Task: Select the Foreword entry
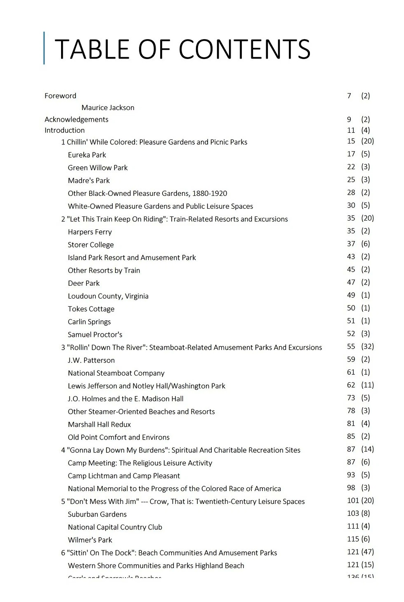point(60,96)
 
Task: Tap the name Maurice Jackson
point(108,108)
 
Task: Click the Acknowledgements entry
point(76,120)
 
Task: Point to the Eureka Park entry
point(87,155)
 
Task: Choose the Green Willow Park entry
point(97,168)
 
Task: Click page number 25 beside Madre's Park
point(351,180)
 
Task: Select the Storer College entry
point(90,245)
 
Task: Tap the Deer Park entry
point(83,283)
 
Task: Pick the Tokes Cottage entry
point(91,309)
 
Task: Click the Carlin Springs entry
point(89,322)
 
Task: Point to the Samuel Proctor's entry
point(95,334)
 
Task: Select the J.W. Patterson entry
point(91,360)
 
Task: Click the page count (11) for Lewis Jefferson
point(367,385)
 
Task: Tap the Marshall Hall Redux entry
point(99,424)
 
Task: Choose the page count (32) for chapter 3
point(367,347)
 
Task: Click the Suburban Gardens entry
point(97,514)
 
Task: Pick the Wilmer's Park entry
point(90,540)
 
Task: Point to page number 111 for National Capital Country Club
point(353,526)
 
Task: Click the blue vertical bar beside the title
point(44,48)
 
